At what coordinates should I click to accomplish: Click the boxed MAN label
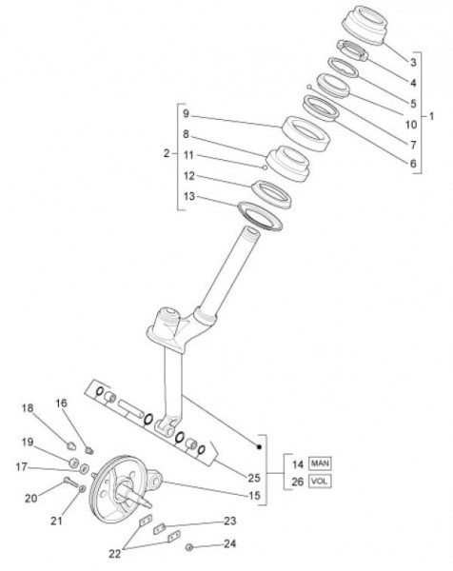pos(320,463)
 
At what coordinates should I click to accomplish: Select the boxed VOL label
pos(320,481)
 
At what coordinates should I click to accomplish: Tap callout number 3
pos(413,62)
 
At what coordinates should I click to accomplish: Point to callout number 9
pos(186,114)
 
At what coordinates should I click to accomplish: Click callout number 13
pos(189,197)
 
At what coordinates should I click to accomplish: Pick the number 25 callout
pos(254,478)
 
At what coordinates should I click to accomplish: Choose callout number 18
pos(28,408)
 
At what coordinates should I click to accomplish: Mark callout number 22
pos(115,554)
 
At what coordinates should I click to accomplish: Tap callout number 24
pos(229,543)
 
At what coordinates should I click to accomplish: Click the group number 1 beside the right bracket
pos(431,116)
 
